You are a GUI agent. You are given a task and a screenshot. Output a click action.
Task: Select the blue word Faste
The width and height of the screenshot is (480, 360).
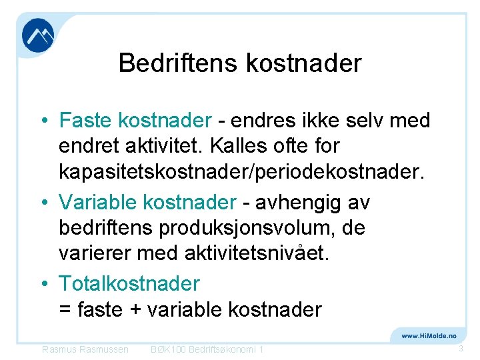(86, 121)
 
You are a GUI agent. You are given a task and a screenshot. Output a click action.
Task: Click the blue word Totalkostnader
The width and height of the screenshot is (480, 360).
(129, 284)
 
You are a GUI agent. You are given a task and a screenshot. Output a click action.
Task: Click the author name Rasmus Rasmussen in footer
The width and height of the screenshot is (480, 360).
(85, 349)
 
